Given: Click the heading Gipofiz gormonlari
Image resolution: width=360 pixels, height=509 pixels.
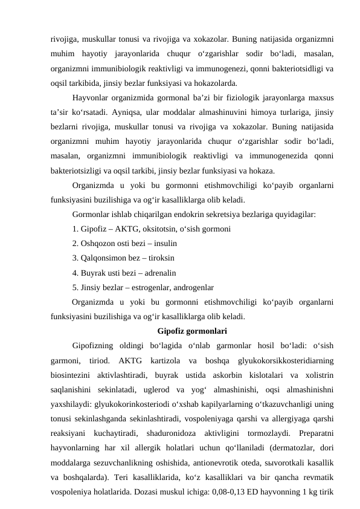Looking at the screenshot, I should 192,331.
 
